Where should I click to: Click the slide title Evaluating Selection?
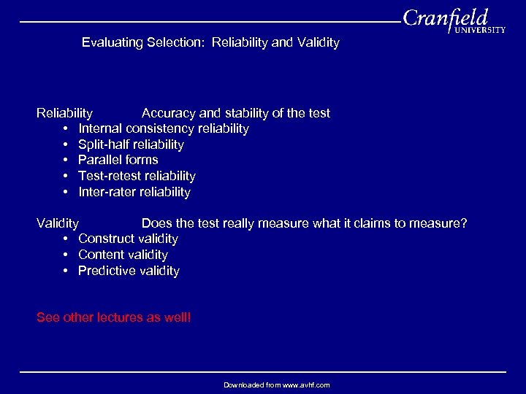pos(210,42)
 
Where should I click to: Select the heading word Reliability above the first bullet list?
pos(65,113)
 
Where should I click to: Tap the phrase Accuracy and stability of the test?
pos(235,113)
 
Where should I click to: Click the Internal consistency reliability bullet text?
pos(163,128)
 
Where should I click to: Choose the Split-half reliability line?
pos(131,144)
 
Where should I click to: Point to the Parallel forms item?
pos(118,159)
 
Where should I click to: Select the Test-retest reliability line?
pos(137,176)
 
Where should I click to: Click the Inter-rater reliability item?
pos(134,192)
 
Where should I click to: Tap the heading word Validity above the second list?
pos(58,223)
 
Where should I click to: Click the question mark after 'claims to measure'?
pos(463,223)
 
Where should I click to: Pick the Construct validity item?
pos(128,239)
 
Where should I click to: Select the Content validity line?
pos(123,255)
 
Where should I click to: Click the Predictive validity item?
pos(129,271)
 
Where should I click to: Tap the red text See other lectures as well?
pos(113,317)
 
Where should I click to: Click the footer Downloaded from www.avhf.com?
pos(276,385)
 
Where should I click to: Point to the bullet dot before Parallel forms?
pos(66,160)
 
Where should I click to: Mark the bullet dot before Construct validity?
pos(66,239)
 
